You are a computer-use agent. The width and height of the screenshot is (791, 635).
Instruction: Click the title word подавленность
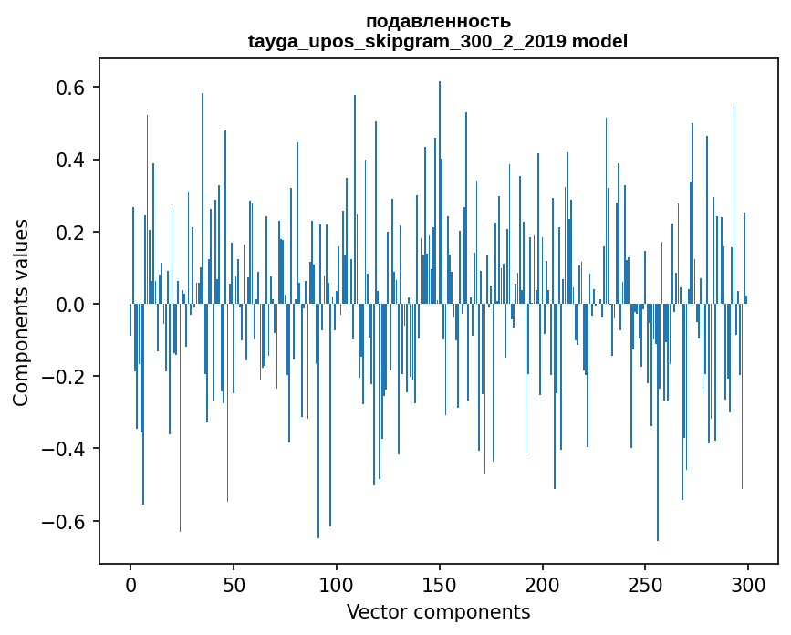pyautogui.click(x=438, y=21)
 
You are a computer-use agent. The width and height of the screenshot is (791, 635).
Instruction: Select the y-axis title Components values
pyautogui.click(x=21, y=312)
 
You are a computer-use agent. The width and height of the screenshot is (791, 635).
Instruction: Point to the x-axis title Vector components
pyautogui.click(x=438, y=611)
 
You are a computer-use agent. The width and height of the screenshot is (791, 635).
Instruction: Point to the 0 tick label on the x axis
pyautogui.click(x=130, y=583)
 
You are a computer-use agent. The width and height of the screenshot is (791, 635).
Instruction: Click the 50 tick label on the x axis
pyautogui.click(x=234, y=583)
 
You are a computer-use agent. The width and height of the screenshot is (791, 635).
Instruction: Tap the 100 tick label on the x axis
pyautogui.click(x=337, y=583)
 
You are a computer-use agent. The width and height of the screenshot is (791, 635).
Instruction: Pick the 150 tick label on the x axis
pyautogui.click(x=439, y=583)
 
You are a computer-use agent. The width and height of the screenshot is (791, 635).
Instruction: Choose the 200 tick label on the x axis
pyautogui.click(x=542, y=583)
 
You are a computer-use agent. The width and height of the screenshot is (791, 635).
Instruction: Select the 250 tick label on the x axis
pyautogui.click(x=645, y=583)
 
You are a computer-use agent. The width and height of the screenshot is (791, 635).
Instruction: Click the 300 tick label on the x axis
pyautogui.click(x=748, y=583)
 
